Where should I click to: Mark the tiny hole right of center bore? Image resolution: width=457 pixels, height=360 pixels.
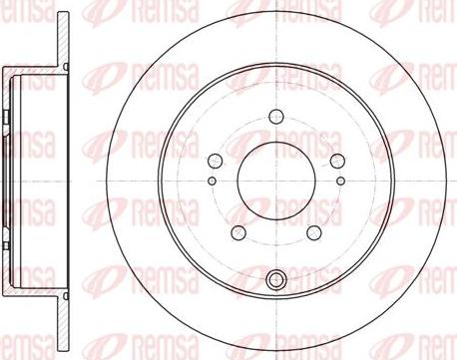(x=340, y=180)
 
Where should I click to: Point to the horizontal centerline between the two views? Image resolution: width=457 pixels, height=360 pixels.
(x=90, y=180)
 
